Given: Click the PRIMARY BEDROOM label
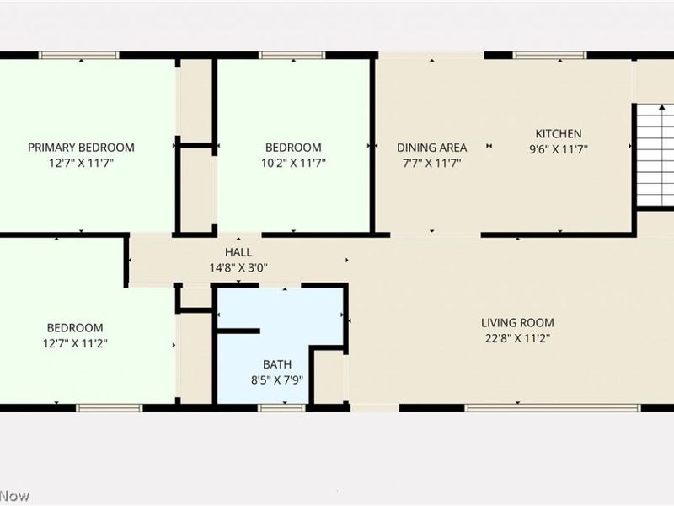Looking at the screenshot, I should [81, 148].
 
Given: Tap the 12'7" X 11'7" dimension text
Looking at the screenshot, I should [81, 163].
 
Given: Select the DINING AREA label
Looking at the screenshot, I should [431, 148].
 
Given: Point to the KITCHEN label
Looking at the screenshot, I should [559, 133].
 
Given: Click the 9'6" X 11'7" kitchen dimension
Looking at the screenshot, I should [559, 148].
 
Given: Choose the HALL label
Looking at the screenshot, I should [238, 252].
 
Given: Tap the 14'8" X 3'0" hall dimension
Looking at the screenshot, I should [238, 268].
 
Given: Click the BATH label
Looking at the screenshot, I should [277, 364].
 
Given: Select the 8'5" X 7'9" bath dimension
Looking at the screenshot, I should [277, 379].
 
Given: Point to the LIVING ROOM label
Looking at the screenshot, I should [517, 322].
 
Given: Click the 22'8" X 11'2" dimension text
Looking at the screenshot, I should [517, 338].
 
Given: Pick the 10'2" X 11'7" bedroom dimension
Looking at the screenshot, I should [293, 163].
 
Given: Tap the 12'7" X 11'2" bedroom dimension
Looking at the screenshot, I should [75, 343].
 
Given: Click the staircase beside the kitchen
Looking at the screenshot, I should [655, 156].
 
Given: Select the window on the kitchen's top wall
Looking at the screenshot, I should [550, 56].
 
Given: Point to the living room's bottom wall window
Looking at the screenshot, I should [553, 408].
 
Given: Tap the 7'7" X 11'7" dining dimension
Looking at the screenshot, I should [431, 163].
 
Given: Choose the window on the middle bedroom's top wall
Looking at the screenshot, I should [292, 56].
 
